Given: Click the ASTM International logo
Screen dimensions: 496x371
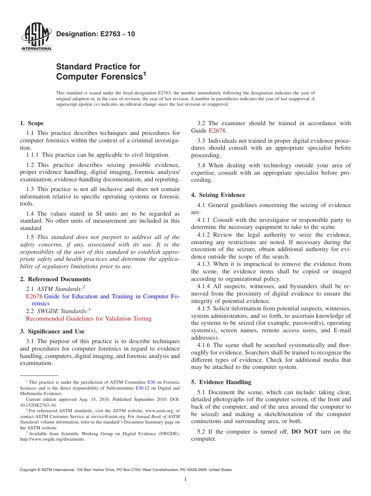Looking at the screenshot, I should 36,37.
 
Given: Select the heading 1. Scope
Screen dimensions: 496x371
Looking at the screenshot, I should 32,123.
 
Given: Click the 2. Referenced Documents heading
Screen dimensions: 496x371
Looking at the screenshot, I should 55,279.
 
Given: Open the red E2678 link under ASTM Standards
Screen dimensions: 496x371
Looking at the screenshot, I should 34,296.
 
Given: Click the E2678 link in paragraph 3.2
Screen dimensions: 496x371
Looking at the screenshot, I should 217,131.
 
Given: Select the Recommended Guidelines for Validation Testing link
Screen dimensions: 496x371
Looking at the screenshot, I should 89,319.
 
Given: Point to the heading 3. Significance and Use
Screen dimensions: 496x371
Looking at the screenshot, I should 52,331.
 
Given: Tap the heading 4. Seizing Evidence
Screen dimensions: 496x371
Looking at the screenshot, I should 218,195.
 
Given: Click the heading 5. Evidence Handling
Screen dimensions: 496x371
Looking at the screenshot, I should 221,382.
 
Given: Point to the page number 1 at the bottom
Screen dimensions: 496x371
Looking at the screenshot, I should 185,479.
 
